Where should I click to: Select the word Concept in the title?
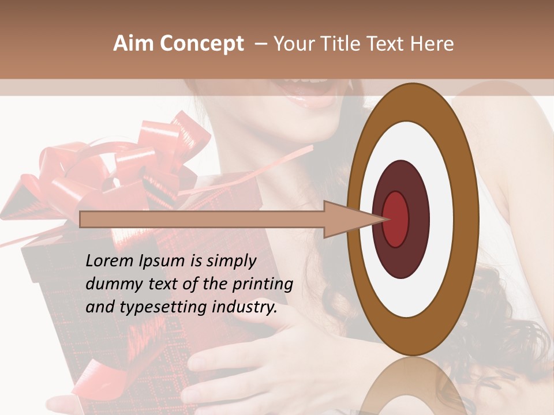(201, 44)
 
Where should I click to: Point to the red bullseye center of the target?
(395, 219)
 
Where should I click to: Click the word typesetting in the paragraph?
(161, 308)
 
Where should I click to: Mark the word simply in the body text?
(230, 262)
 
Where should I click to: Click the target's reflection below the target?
(413, 386)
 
